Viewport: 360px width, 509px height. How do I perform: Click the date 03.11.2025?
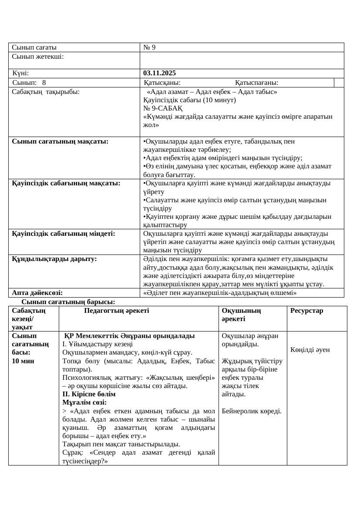pos(160,73)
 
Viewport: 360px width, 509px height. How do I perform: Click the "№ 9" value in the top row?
pos(149,47)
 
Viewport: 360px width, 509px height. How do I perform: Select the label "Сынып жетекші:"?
pos(38,57)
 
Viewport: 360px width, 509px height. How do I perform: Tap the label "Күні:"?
pos(21,73)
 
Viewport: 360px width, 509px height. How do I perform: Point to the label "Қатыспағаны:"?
pos(257,83)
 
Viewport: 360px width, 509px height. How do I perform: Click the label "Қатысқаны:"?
pos(162,83)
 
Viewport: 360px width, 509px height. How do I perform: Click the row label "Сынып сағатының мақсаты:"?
pos(60,141)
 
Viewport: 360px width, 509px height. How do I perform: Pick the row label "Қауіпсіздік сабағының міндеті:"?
pos(64,234)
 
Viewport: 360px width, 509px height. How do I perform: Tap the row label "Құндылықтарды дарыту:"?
pos(54,259)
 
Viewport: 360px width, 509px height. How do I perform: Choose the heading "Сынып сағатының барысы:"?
pos(68,301)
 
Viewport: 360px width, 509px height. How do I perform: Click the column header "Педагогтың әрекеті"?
pos(117,311)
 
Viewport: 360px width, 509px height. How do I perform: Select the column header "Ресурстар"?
pos(307,311)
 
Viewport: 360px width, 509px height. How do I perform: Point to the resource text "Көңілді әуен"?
pos(310,350)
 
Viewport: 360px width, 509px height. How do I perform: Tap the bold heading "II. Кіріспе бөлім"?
pos(89,394)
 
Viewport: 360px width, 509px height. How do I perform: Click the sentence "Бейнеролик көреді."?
pos(252,411)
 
